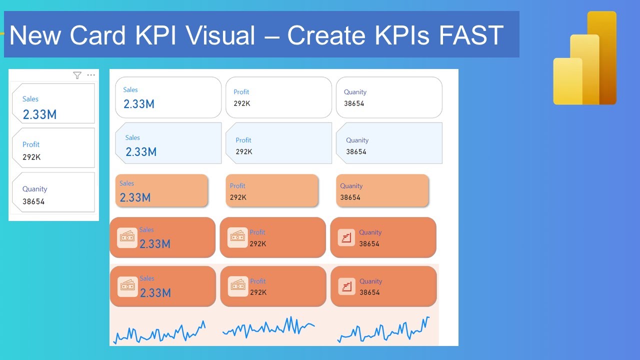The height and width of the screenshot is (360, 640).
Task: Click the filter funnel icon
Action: [x=77, y=75]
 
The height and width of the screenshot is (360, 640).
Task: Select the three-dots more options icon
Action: [x=91, y=75]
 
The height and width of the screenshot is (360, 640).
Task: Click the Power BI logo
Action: [x=584, y=58]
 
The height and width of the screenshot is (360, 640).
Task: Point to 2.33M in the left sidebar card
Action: [x=39, y=114]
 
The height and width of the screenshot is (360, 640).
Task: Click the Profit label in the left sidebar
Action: [x=31, y=144]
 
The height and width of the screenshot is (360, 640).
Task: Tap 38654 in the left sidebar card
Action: [x=33, y=202]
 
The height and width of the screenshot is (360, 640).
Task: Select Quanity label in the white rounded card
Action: [x=355, y=92]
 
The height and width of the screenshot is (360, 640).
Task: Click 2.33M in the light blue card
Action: [x=141, y=151]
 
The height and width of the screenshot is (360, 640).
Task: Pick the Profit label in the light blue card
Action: [x=243, y=140]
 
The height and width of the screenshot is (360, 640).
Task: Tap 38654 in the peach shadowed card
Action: [x=350, y=197]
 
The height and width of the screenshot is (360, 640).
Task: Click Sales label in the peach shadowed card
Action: [x=126, y=183]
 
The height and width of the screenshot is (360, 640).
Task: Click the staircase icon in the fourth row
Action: [x=346, y=238]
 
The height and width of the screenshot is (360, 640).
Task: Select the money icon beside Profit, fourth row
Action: [x=237, y=238]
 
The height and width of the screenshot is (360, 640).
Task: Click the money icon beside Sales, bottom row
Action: [x=127, y=286]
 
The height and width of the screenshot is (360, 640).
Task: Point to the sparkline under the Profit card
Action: [x=268, y=327]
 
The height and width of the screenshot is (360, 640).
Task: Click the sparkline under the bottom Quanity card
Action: [x=383, y=330]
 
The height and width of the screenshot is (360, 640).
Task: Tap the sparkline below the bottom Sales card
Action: [x=159, y=332]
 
